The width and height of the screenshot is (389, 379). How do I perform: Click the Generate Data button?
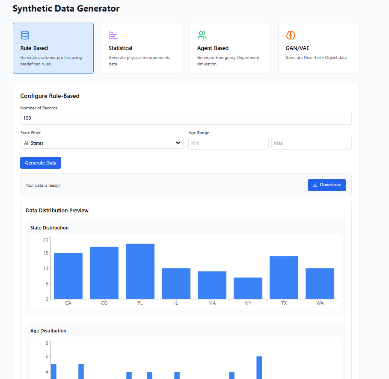[41, 163]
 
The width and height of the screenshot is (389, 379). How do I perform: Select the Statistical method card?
[141, 48]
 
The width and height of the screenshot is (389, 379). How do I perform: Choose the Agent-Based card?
[230, 48]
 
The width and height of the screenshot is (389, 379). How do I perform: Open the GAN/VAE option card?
[318, 48]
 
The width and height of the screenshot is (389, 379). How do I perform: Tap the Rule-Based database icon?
[25, 35]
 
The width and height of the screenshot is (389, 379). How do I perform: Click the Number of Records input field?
[186, 118]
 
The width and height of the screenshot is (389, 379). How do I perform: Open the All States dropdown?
[102, 143]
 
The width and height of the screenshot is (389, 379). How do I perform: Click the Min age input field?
[228, 143]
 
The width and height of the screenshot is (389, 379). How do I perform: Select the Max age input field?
[311, 143]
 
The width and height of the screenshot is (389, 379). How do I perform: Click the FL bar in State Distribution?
[140, 271]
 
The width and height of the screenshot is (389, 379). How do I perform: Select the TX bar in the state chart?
[284, 278]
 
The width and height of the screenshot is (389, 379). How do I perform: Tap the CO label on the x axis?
[104, 303]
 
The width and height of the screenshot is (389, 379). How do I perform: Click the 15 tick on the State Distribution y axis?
[45, 253]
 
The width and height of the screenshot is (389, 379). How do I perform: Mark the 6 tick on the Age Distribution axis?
[46, 356]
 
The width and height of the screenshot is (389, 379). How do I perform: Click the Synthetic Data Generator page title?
[66, 9]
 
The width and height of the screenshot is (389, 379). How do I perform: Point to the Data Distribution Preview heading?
[57, 211]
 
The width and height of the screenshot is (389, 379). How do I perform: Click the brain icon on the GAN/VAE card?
[291, 35]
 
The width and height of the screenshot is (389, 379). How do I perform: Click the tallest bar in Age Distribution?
[259, 367]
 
